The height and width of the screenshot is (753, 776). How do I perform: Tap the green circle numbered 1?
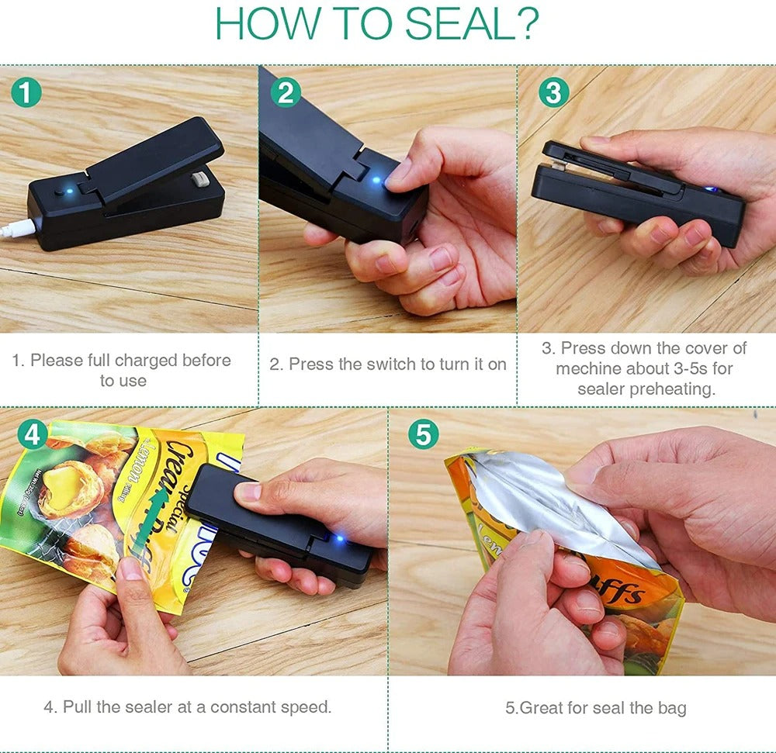pos(26,93)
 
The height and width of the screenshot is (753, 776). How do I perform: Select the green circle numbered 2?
pos(285,93)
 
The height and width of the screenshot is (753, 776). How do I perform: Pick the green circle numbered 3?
pos(553,93)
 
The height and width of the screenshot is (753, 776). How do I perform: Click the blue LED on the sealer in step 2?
pos(376,181)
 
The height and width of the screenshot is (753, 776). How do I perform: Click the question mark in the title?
pos(527,25)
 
